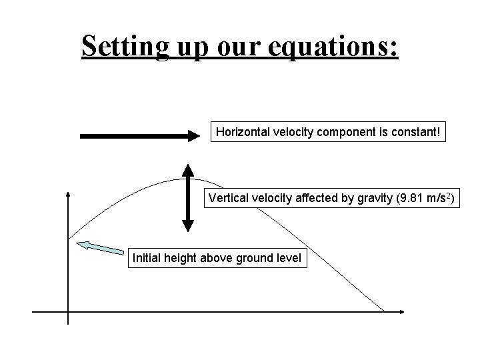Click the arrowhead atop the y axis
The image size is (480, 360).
(x=68, y=194)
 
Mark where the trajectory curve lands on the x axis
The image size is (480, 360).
(x=385, y=311)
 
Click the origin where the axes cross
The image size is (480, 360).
(x=68, y=311)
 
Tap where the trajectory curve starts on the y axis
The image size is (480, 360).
(x=68, y=238)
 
